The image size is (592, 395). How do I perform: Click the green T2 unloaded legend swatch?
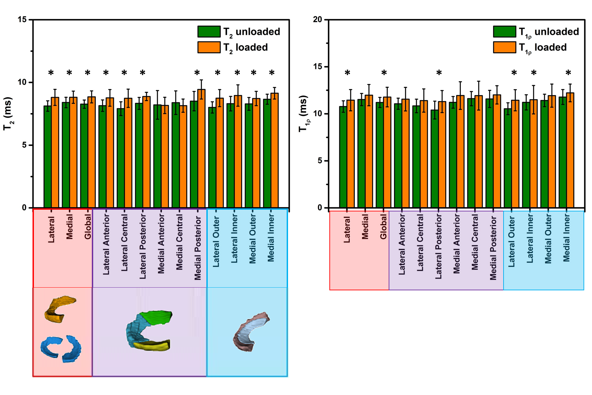pyautogui.click(x=209, y=32)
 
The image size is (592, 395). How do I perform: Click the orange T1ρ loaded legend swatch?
pyautogui.click(x=504, y=47)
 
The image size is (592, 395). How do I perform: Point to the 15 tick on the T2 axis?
pyautogui.click(x=22, y=20)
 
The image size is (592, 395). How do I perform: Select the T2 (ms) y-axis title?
pyautogui.click(x=7, y=113)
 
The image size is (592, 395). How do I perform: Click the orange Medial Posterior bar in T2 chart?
pyautogui.click(x=201, y=149)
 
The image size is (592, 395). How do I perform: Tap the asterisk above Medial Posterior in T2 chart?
pyautogui.click(x=197, y=73)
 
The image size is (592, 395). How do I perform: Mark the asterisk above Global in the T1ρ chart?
pyautogui.click(x=384, y=73)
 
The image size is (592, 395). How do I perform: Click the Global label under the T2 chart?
pyautogui.click(x=88, y=226)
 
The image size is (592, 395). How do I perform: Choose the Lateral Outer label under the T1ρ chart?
pyautogui.click(x=512, y=241)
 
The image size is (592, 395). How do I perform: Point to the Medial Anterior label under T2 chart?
pyautogui.click(x=161, y=244)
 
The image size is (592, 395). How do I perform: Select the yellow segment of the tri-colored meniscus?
pyautogui.click(x=152, y=345)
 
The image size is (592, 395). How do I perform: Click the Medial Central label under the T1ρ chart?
pyautogui.click(x=475, y=241)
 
